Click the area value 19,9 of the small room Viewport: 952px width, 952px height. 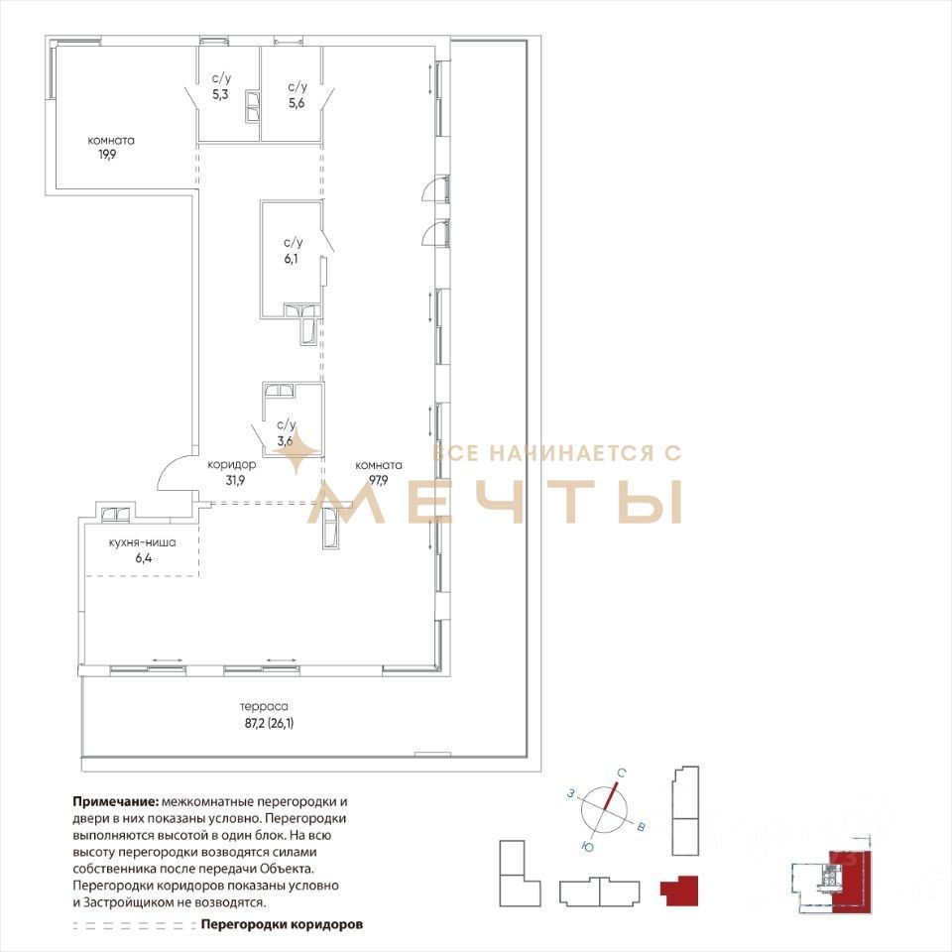pyautogui.click(x=108, y=155)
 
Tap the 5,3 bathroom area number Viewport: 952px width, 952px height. pyautogui.click(x=220, y=94)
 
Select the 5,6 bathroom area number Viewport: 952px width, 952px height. pyautogui.click(x=297, y=103)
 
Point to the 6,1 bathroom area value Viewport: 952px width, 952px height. pyautogui.click(x=291, y=259)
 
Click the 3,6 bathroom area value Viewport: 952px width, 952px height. pyautogui.click(x=285, y=440)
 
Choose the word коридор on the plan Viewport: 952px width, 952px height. pyautogui.click(x=231, y=465)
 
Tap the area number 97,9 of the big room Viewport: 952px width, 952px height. pyautogui.click(x=378, y=480)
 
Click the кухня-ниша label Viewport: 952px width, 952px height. pyautogui.click(x=142, y=542)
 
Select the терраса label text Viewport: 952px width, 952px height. pyautogui.click(x=264, y=707)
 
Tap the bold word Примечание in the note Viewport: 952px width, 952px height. pyautogui.click(x=116, y=802)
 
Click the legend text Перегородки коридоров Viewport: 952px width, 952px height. pyautogui.click(x=282, y=924)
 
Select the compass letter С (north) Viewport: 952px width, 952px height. pyautogui.click(x=622, y=773)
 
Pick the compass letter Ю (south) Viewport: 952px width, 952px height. pyautogui.click(x=587, y=847)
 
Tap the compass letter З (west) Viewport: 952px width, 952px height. pyautogui.click(x=571, y=793)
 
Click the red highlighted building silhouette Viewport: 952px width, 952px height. pyautogui.click(x=679, y=891)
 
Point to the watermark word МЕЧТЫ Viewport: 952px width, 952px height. pyautogui.click(x=495, y=502)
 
